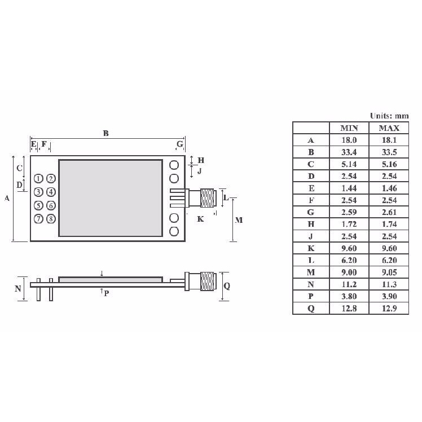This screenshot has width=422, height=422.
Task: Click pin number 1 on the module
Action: pos(38,178)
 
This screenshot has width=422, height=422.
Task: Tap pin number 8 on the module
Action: pos(51,219)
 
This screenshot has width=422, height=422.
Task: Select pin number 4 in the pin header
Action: pos(51,192)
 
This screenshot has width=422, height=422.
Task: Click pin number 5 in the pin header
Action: pos(38,205)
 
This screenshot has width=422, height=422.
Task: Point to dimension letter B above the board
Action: pos(105,133)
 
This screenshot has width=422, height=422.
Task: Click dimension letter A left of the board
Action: pos(7,198)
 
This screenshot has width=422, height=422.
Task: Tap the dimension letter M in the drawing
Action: pos(239,220)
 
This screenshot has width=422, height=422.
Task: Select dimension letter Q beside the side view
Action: pos(227,286)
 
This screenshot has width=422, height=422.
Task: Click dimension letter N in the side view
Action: pos(17,288)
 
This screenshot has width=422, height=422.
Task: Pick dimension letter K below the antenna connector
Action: pos(200,219)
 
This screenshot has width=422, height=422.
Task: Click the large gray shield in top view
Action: pos(111,197)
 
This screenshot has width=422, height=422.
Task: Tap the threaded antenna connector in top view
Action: pos(207,198)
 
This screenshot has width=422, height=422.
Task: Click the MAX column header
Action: pos(389,128)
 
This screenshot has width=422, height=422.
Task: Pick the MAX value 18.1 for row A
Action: pos(389,140)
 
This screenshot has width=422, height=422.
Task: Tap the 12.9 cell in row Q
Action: pos(389,308)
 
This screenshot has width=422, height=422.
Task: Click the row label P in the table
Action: pos(311,296)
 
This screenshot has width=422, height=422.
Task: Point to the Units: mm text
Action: pos(389,116)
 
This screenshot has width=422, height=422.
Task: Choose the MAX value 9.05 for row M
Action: pos(389,272)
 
